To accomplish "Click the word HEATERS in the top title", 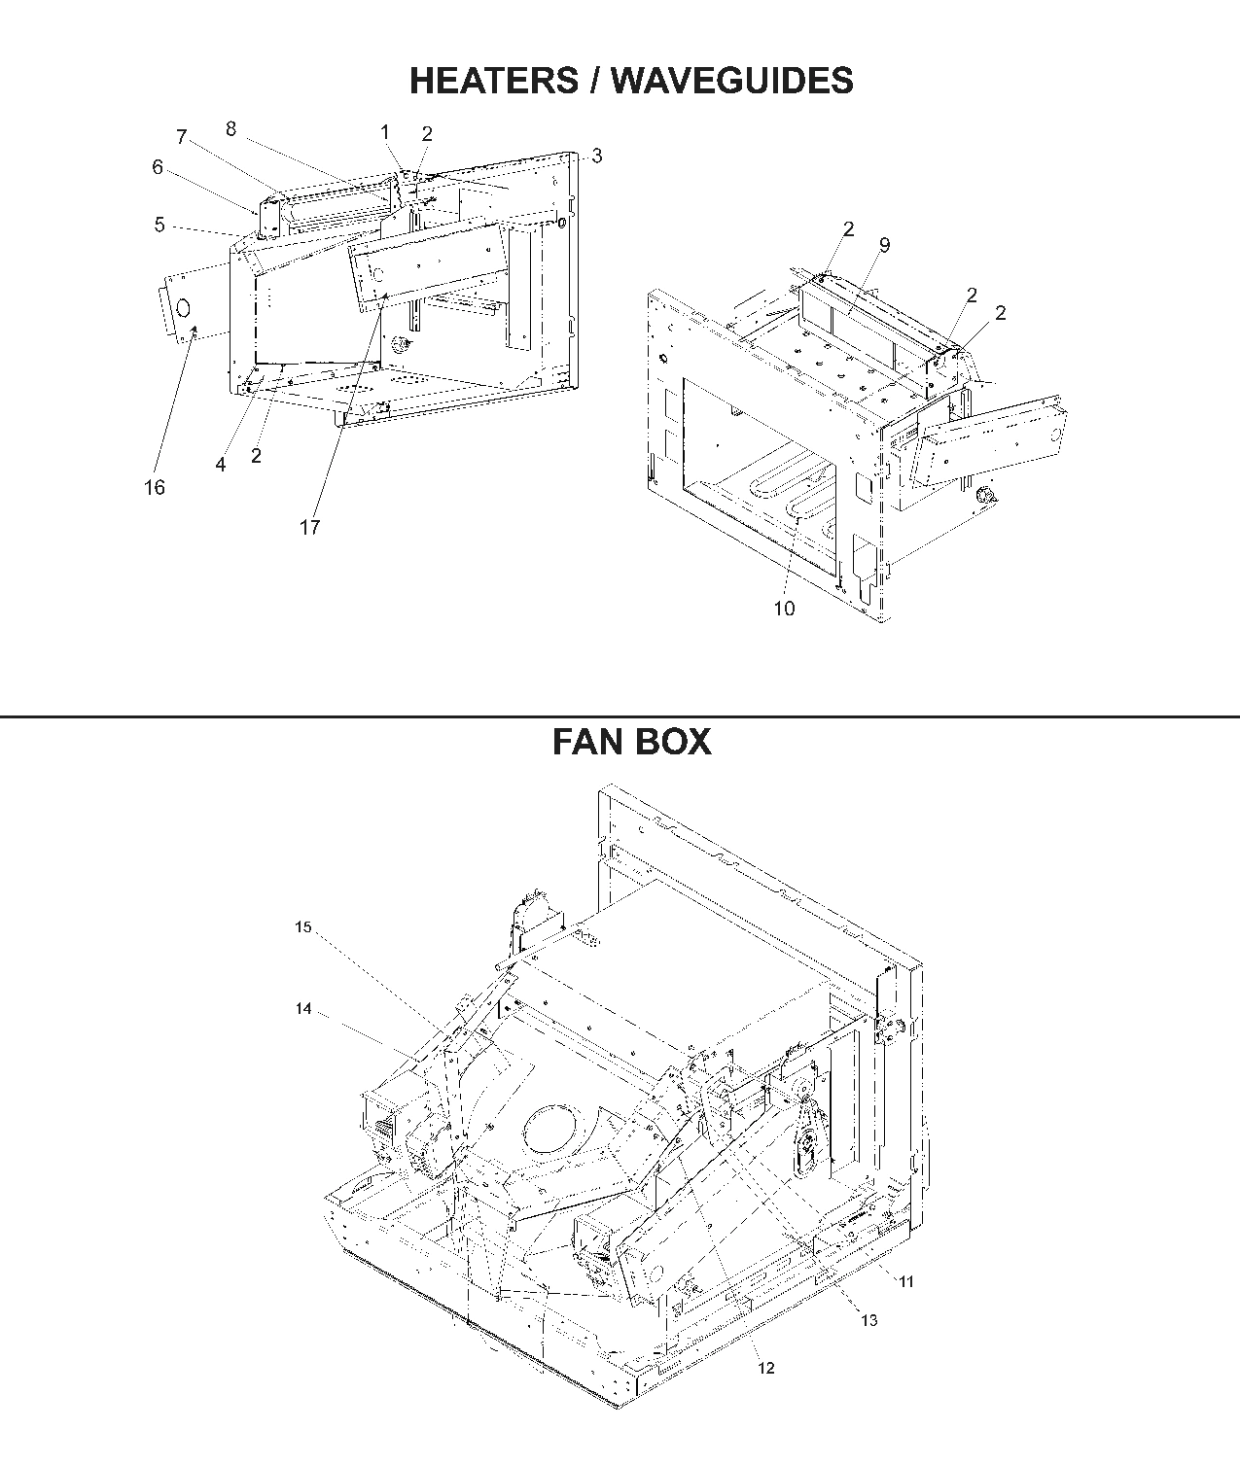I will point(492,81).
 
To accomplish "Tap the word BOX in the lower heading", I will point(673,742).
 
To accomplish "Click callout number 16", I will point(155,488).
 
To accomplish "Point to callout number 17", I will point(309,527).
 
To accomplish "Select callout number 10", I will point(784,609).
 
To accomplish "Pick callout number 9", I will point(884,245).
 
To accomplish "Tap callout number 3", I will point(596,156).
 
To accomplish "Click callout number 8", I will point(230,128).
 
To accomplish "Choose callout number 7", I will point(181,137).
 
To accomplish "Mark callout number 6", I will point(158,167).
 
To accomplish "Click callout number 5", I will point(159,225).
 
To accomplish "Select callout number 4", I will point(221,466).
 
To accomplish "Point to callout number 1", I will point(385,132).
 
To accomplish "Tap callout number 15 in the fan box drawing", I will point(303,927).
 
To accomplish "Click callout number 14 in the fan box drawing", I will point(303,1009).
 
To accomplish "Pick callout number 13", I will point(868,1319).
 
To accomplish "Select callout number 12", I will point(766,1368).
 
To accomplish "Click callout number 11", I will point(905,1281).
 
